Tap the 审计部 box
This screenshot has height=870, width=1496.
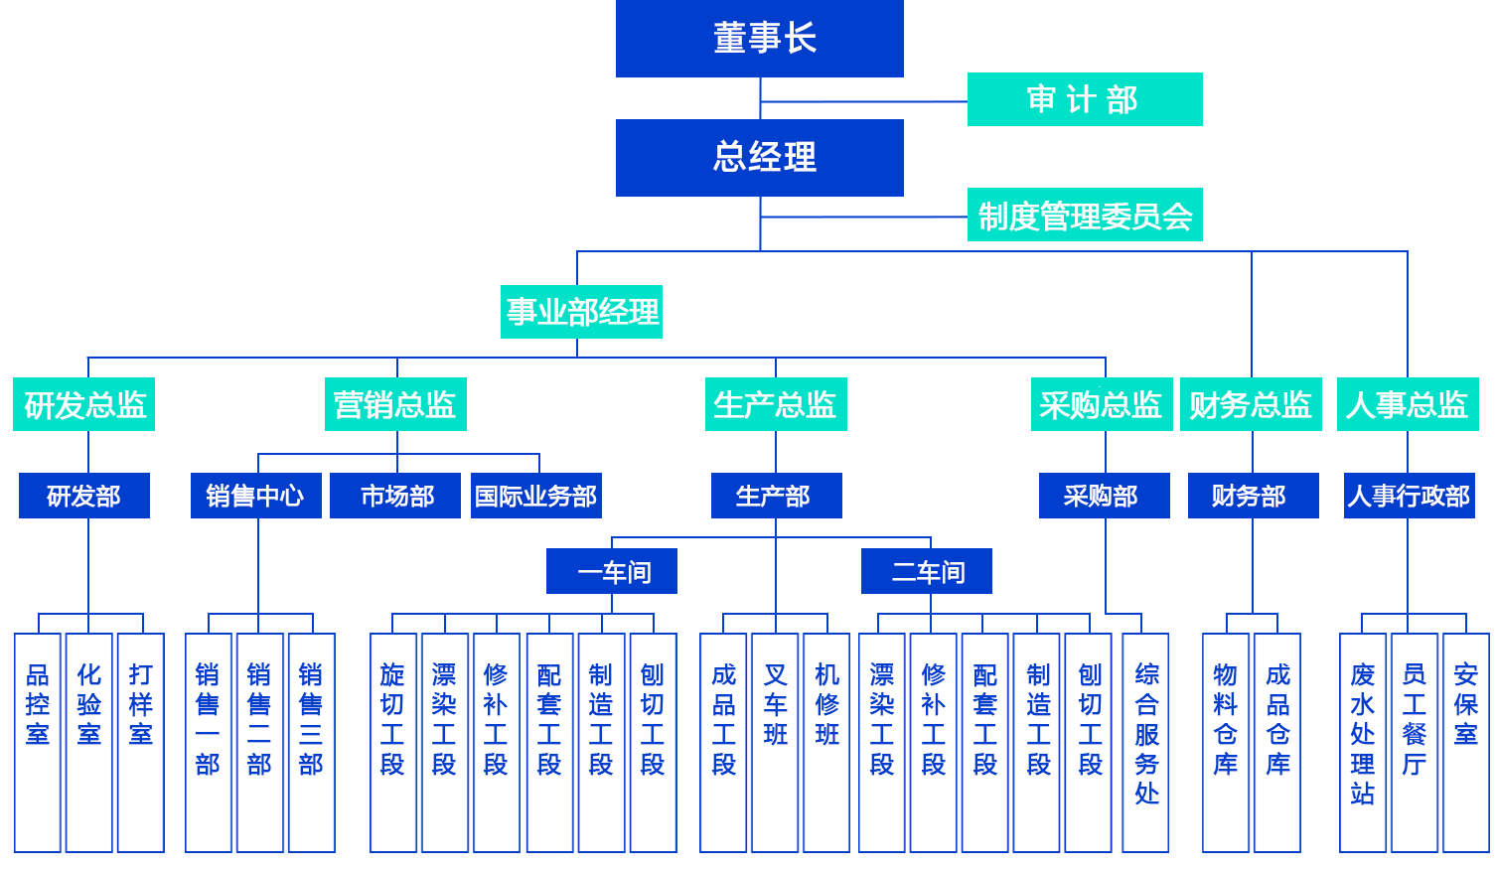(1083, 99)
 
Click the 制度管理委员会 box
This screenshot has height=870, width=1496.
(1084, 216)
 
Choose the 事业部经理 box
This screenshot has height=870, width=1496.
(581, 312)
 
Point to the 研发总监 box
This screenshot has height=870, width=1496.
(84, 404)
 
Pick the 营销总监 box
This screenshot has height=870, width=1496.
(395, 404)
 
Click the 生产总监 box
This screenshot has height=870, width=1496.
(776, 404)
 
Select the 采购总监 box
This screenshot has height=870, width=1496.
(1102, 404)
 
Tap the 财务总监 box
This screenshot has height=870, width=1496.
(1251, 404)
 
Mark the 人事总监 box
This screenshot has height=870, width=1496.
(1408, 404)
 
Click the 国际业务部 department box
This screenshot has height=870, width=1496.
(536, 496)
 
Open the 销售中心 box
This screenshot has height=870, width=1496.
(255, 496)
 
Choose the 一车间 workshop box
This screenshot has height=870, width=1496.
(612, 571)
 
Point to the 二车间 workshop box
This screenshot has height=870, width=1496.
(926, 571)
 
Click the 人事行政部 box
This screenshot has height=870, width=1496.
(1409, 496)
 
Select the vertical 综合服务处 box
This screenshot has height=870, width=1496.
(1145, 742)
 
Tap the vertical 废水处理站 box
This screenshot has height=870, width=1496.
(1362, 742)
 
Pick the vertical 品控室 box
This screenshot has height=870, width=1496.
(38, 742)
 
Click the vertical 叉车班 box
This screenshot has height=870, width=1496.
(775, 742)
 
